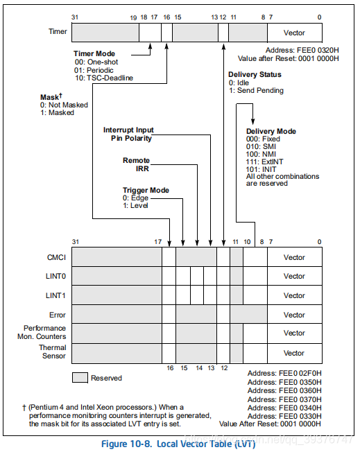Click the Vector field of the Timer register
click(294, 33)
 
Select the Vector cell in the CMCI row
click(294, 257)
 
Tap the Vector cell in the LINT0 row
click(294, 276)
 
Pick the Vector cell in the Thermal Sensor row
click(294, 352)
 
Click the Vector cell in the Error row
click(294, 314)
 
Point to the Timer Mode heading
click(96, 53)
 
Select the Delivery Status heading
click(255, 75)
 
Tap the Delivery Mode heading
click(271, 131)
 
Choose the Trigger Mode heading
click(146, 190)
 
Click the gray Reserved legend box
click(80, 378)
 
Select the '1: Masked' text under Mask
click(57, 112)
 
